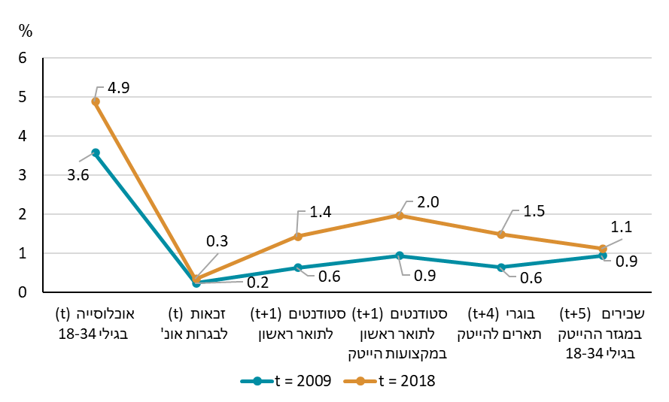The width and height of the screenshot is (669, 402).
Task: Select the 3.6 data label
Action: [x=78, y=177]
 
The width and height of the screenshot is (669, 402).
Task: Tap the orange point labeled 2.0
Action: [x=400, y=216]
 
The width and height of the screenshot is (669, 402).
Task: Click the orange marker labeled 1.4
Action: [x=298, y=236]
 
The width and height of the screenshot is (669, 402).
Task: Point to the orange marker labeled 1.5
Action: [x=501, y=234]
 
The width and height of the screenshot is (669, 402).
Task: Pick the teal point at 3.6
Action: [x=96, y=153]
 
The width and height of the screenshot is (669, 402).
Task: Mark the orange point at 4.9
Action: [x=96, y=101]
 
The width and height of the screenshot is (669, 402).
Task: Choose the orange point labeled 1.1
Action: [x=603, y=249]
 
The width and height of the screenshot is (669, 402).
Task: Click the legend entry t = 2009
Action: [x=287, y=381]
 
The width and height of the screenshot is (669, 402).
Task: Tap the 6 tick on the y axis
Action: [x=23, y=58]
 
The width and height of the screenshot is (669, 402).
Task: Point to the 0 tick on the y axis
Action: [x=23, y=292]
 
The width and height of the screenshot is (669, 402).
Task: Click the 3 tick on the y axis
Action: [x=23, y=175]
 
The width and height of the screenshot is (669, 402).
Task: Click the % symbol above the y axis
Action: [x=26, y=31]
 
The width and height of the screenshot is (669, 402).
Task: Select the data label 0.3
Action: [x=217, y=242]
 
